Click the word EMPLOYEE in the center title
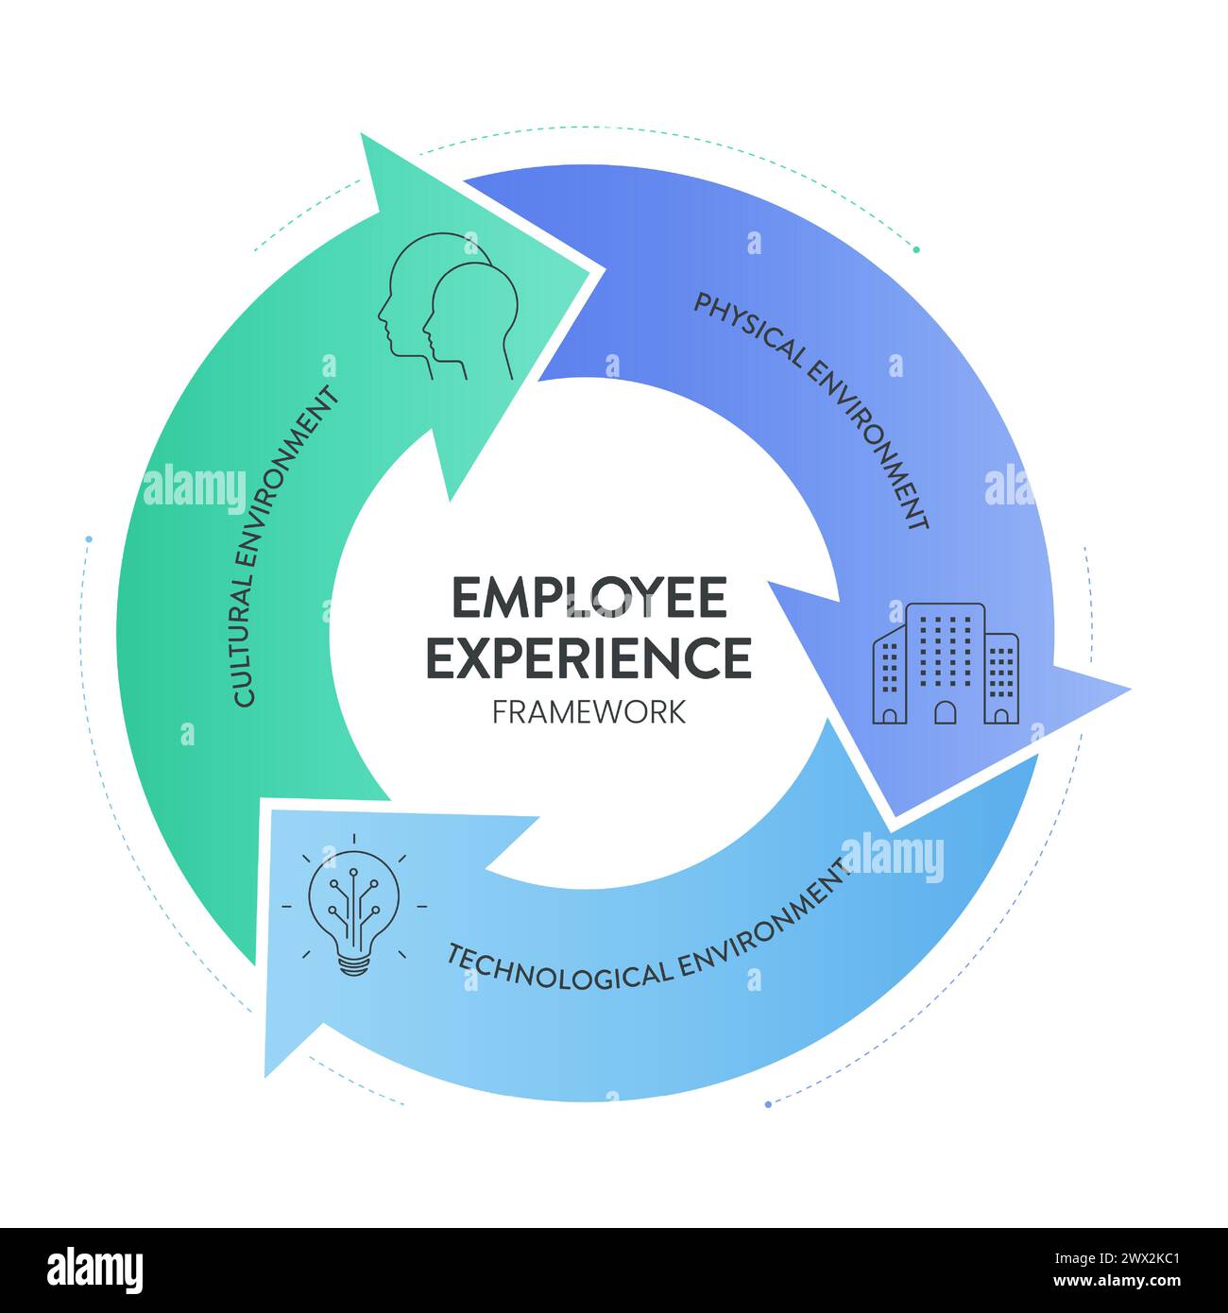590,597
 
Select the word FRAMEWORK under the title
589,711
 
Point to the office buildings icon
945,663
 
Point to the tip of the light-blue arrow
268,1071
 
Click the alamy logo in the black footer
94,1270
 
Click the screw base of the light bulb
354,965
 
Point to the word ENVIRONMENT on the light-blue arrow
765,926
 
